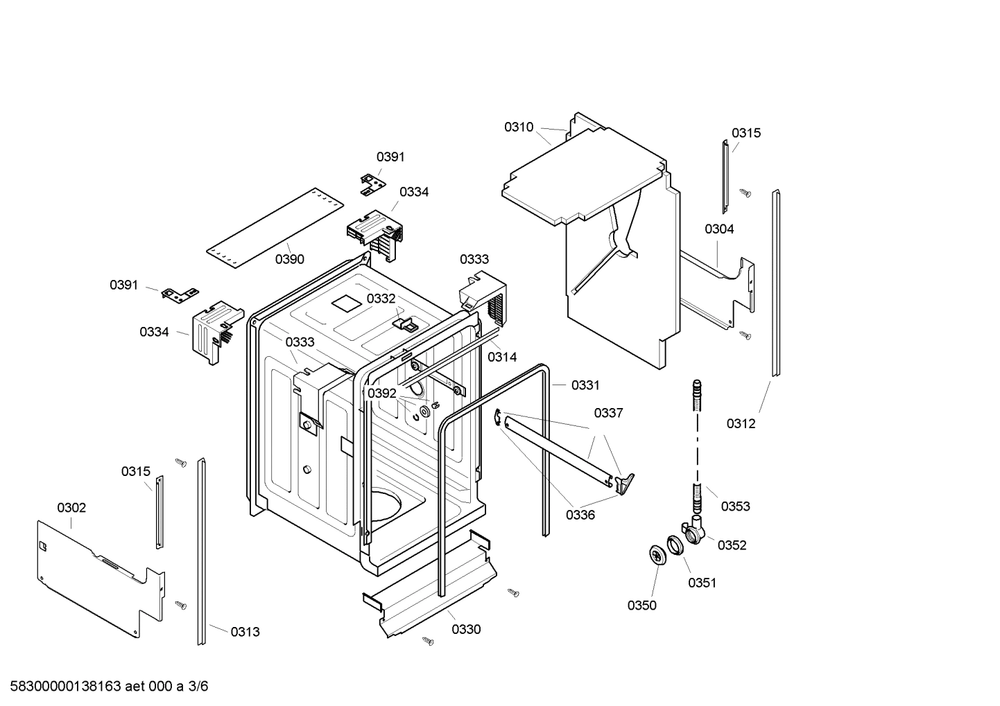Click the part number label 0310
[518, 127]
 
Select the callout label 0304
[719, 229]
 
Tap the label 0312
[741, 423]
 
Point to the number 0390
[289, 259]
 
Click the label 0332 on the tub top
[381, 299]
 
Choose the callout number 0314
[501, 357]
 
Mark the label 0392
[381, 394]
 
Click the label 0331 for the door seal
[585, 385]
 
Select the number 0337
[608, 413]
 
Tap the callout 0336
[580, 515]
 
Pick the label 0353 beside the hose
[735, 506]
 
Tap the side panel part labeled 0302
[97, 568]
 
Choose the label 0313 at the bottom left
[245, 631]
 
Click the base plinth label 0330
[465, 629]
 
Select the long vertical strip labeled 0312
[776, 284]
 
